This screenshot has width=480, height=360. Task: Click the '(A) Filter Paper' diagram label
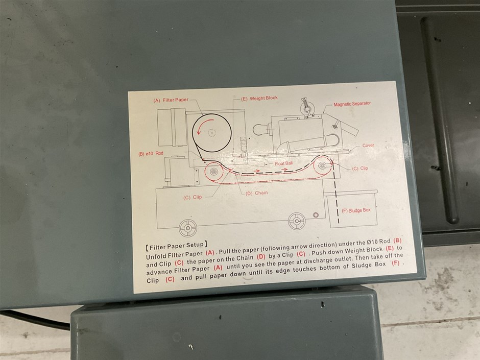(x=171, y=100)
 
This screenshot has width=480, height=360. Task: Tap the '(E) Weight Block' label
(x=259, y=98)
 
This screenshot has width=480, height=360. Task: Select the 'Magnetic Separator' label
(x=352, y=104)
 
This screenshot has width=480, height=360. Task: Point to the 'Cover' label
(x=368, y=146)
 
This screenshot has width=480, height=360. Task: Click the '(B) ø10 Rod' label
(x=151, y=153)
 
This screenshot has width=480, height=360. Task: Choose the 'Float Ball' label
(x=283, y=163)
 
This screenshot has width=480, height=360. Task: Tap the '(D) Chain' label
(x=256, y=193)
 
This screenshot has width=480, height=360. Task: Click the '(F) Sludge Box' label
(x=356, y=210)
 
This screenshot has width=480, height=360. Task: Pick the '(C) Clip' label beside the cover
(x=360, y=169)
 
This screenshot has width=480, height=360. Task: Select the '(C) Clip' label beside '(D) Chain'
(x=193, y=198)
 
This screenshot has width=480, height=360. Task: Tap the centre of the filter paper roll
(x=211, y=133)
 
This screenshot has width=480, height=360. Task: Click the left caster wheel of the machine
(x=187, y=228)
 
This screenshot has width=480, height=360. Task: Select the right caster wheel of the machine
(x=297, y=221)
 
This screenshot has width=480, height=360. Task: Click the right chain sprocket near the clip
(x=322, y=165)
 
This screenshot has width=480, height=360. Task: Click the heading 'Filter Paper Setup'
(x=177, y=246)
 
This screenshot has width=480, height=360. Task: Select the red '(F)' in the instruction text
(x=396, y=263)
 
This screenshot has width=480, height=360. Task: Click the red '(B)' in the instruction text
(x=397, y=241)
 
